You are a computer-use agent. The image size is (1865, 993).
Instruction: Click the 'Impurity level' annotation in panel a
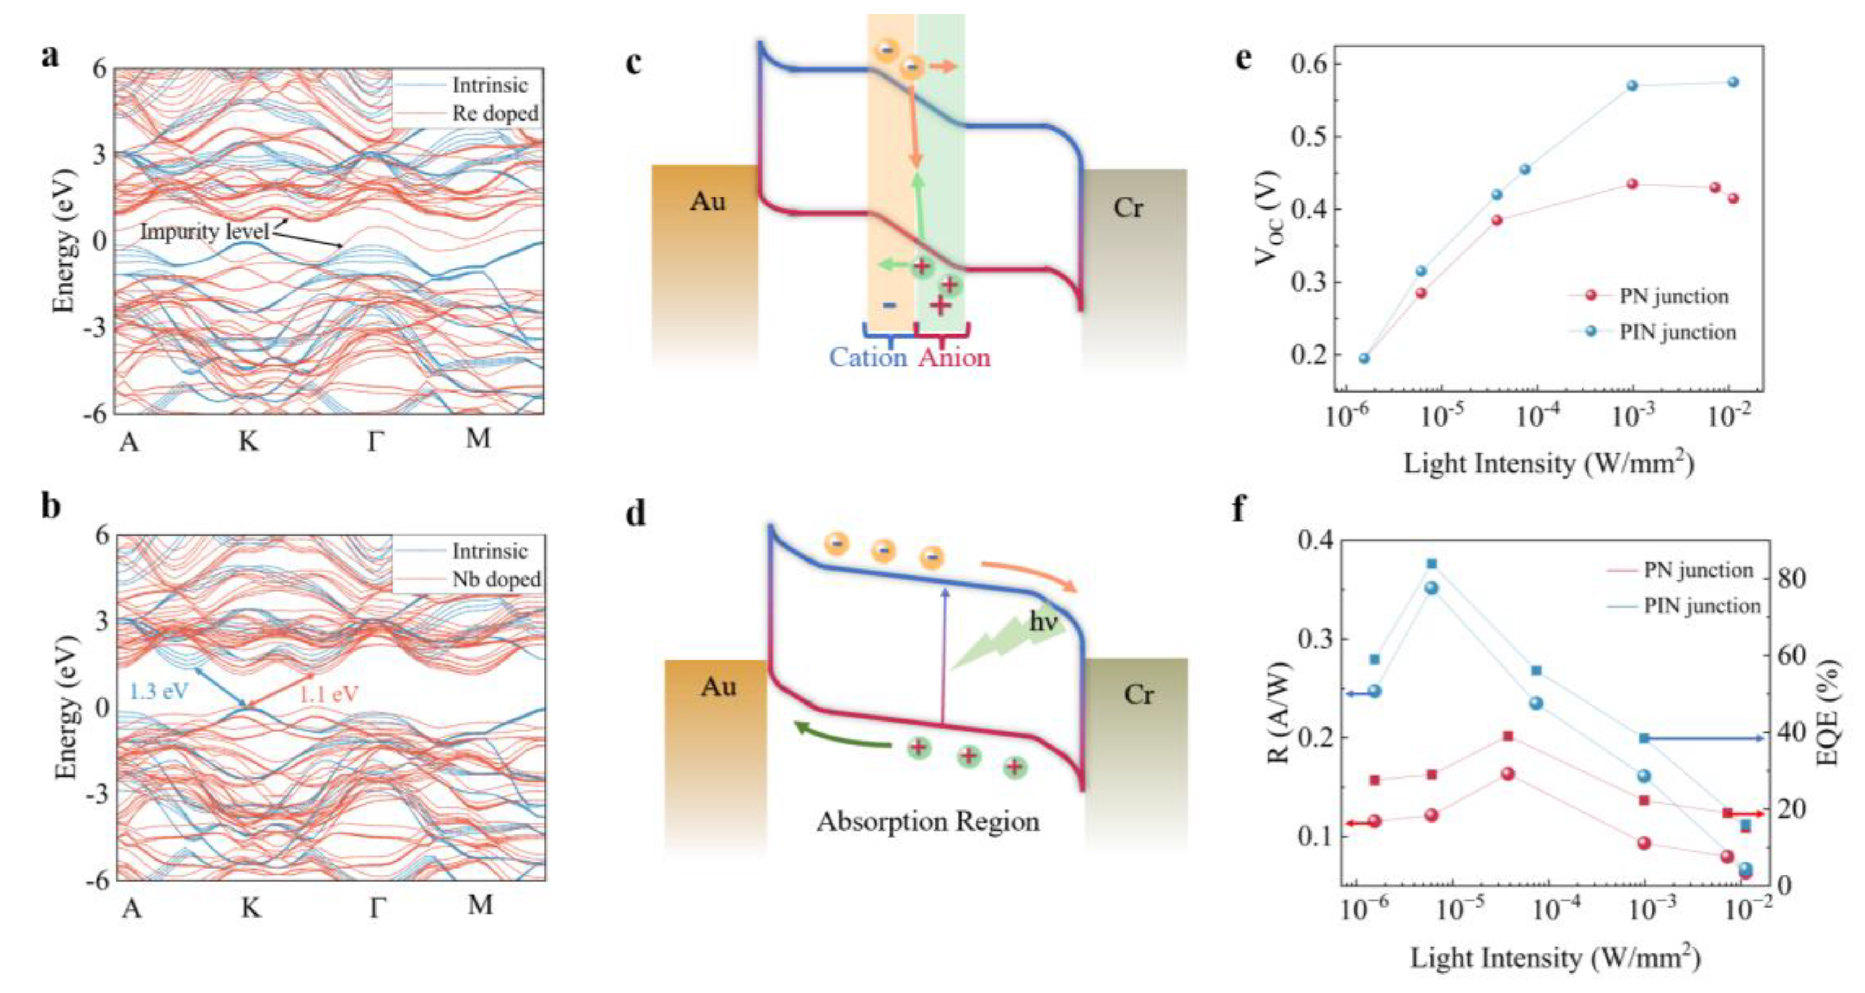[x=204, y=232]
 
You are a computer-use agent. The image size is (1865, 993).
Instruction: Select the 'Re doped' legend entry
[x=495, y=113]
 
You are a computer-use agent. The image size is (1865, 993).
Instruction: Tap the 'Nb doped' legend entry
[x=496, y=579]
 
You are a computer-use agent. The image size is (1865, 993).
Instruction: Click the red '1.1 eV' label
[x=329, y=694]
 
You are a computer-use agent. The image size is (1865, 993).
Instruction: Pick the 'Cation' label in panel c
[x=867, y=357]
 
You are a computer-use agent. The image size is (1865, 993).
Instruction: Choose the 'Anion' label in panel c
[x=954, y=357]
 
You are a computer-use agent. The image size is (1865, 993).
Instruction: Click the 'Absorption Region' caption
[x=927, y=821]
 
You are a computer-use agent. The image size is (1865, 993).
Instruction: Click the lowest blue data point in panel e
[x=1364, y=358]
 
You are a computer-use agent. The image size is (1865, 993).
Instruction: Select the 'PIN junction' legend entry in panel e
[x=1677, y=332]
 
